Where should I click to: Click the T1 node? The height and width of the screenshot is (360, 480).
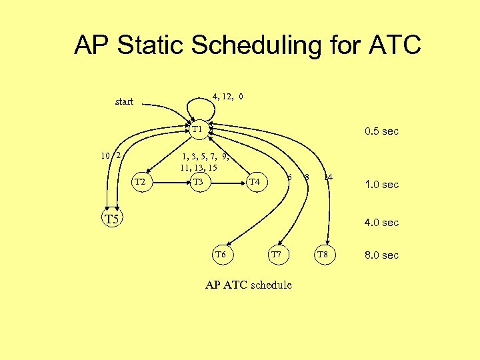point(198,129)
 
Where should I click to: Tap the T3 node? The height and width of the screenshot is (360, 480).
point(198,182)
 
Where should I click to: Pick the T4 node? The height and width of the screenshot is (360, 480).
point(254,182)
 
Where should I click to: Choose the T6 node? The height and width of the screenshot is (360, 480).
point(221,255)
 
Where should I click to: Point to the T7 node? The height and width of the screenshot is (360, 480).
point(277,255)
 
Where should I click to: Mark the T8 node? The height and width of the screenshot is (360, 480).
point(322,255)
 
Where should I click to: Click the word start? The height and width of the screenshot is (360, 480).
point(124,102)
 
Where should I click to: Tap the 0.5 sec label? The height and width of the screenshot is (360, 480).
point(381,131)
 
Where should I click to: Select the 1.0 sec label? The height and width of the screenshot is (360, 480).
point(381,185)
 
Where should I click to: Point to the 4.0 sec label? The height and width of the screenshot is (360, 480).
point(381,223)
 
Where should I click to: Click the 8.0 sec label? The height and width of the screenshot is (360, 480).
point(381,255)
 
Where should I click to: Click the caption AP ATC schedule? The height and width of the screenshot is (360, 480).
point(248,285)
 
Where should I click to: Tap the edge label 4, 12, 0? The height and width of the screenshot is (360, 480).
point(227,96)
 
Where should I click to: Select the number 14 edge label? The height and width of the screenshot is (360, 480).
point(327,177)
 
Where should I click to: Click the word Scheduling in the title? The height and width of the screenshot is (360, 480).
point(255,45)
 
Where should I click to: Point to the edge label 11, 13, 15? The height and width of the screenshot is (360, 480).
point(199,167)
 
